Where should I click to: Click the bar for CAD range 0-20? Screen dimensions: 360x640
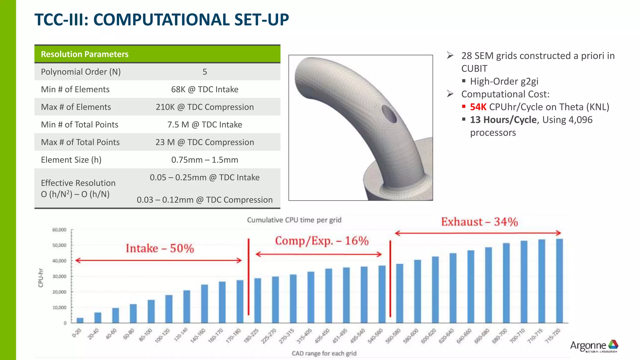tap(80, 320)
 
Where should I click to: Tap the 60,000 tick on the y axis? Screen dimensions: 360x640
tap(59, 230)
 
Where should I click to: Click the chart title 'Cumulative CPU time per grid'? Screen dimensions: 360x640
tap(294, 220)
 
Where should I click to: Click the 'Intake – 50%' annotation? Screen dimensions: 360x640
tap(160, 248)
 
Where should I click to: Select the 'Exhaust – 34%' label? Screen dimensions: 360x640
tap(479, 222)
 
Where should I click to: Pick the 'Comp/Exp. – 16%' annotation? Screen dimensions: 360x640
tap(322, 241)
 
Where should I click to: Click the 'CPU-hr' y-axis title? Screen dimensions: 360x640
tap(41, 277)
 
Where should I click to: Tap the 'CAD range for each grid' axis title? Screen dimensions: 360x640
tap(324, 353)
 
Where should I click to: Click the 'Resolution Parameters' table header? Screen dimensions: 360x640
tap(85, 54)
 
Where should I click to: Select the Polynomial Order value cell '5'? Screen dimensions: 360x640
tap(205, 72)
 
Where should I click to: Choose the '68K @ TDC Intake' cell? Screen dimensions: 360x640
tap(205, 89)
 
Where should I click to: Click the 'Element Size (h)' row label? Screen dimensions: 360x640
tap(71, 160)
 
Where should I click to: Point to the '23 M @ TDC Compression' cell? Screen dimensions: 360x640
tap(205, 142)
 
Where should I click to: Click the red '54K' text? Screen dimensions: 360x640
tap(478, 107)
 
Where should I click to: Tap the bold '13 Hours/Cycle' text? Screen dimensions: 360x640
tap(503, 120)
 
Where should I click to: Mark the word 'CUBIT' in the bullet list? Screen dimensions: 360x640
tap(474, 69)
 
